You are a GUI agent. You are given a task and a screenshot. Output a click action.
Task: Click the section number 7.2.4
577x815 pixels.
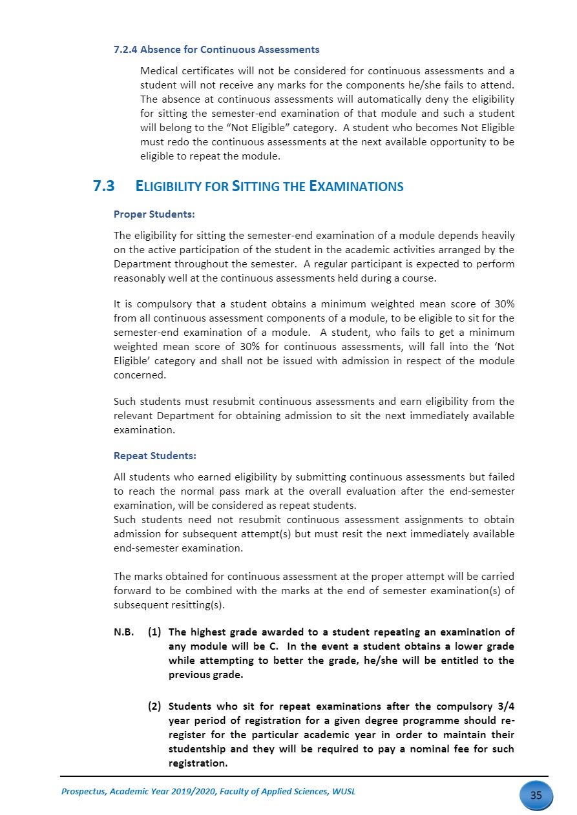point(125,50)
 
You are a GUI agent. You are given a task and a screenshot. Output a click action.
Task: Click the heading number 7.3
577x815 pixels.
point(103,187)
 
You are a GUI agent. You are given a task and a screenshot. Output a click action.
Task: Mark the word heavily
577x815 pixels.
point(496,236)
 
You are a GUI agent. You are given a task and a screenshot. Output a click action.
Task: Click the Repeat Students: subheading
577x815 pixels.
point(155,456)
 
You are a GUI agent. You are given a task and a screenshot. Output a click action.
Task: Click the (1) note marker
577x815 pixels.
point(154,632)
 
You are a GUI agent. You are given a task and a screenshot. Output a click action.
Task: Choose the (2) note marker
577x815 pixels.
point(154,706)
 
